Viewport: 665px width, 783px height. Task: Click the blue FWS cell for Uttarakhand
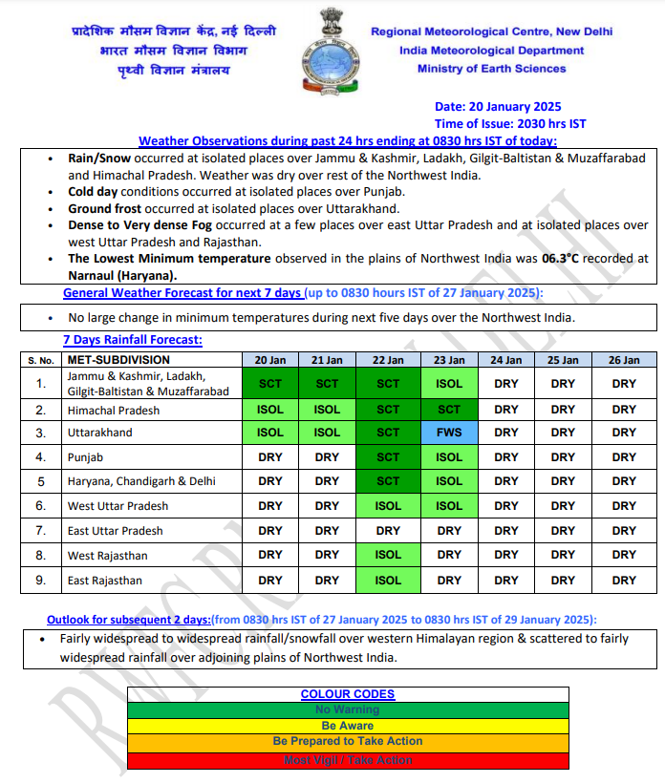pos(449,433)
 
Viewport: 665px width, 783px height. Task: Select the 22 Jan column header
pos(388,360)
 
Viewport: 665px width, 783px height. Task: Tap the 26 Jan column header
pos(624,360)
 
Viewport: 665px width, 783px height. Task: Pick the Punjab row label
pos(84,457)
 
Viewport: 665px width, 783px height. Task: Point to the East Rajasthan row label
pos(104,581)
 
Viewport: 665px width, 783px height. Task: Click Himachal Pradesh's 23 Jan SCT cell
pos(449,410)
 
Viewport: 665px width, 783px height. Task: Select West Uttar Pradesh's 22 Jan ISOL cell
pos(388,506)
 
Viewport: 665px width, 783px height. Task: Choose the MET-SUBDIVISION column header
pos(118,360)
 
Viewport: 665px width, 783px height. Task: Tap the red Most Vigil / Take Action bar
pos(348,760)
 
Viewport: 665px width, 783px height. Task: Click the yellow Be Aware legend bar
pos(348,726)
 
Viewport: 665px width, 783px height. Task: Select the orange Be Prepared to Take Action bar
pos(348,741)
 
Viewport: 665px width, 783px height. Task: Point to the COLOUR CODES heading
pos(348,694)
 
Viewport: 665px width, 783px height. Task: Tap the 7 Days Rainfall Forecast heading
pos(132,340)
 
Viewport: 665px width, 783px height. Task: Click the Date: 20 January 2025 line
pos(498,107)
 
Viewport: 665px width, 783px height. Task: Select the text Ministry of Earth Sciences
pos(491,69)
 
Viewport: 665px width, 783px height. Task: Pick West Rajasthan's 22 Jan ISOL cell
pos(388,555)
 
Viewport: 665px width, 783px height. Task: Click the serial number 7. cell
pos(41,531)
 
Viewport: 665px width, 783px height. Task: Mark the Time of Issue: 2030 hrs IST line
pos(510,124)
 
